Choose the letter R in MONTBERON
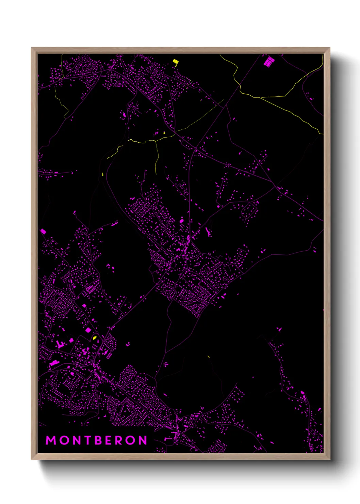118,440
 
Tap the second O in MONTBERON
130,440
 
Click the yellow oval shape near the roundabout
95,338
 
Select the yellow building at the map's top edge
176,62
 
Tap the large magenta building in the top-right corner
269,62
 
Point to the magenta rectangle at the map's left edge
43,231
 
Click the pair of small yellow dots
102,174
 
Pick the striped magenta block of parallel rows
89,290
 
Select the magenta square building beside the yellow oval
88,330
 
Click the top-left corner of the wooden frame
32,48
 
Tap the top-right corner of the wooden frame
330,48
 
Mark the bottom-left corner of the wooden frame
32,459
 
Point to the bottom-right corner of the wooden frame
330,459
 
